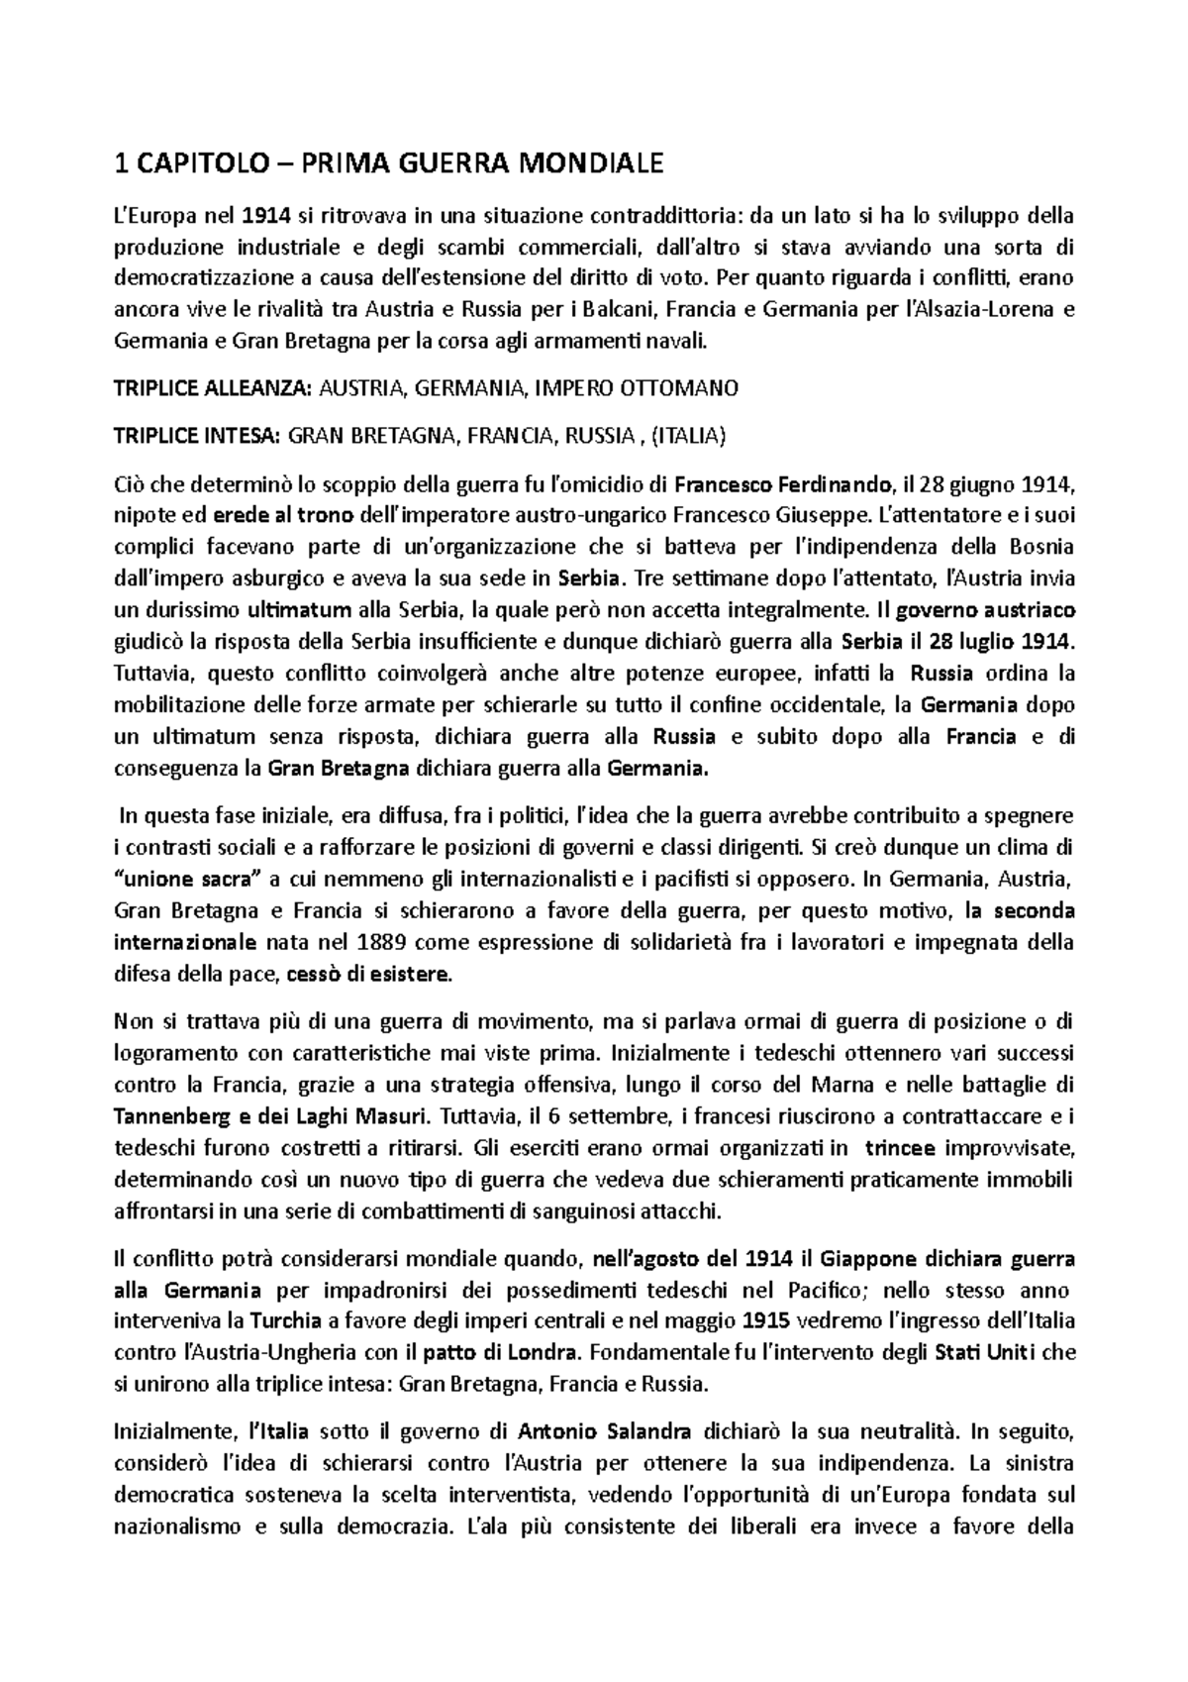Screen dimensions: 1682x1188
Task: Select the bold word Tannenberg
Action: tap(172, 1117)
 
